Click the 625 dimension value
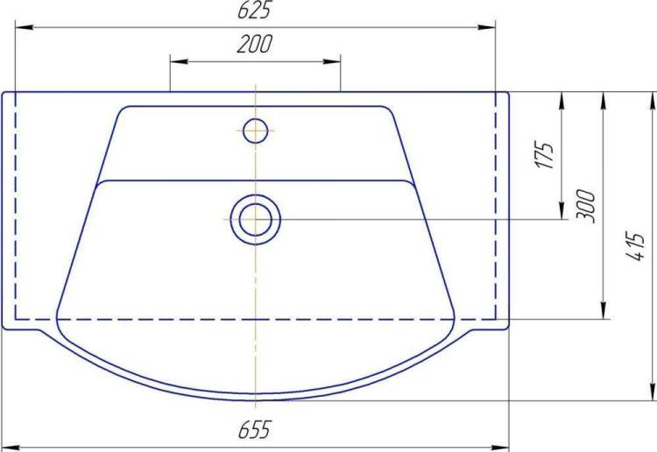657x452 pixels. point(255,10)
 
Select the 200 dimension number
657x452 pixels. point(254,44)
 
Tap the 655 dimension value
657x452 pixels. point(255,429)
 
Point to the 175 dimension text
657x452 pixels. point(545,155)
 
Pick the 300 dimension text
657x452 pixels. point(585,206)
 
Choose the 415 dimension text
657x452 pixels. point(635,246)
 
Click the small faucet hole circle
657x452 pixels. point(255,131)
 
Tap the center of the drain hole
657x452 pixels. point(255,220)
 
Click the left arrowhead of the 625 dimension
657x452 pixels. point(25,27)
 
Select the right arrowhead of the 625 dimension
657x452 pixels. point(486,27)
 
